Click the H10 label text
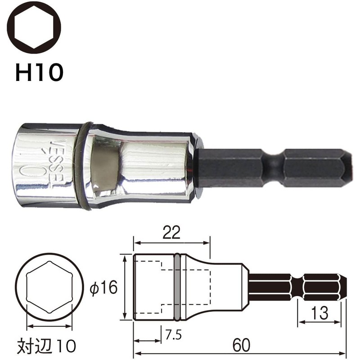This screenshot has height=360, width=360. tap(39, 72)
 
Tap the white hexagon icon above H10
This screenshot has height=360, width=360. tap(34, 28)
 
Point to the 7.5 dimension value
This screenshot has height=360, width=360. tap(174, 334)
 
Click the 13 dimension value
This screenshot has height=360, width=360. tap(320, 313)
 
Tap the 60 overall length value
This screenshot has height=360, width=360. tap(241, 345)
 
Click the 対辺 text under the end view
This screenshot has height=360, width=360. tap(35, 346)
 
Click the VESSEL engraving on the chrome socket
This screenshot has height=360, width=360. tap(54, 164)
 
